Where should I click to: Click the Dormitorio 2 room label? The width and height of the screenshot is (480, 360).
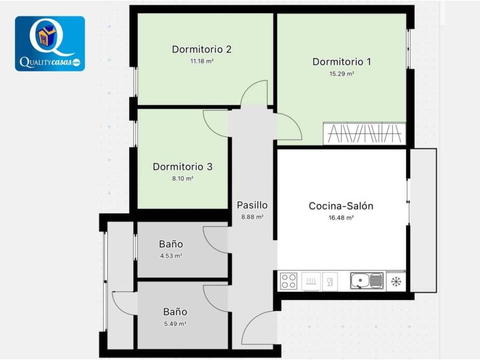(x=202, y=49)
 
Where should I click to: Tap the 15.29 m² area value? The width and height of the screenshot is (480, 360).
(x=342, y=74)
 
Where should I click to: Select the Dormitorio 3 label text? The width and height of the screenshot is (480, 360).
(x=182, y=167)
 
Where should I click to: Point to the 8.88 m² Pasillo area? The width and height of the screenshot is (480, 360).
(x=252, y=217)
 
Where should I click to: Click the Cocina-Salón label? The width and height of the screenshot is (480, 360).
(x=341, y=206)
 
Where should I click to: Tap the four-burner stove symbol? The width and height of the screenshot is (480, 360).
(x=289, y=281)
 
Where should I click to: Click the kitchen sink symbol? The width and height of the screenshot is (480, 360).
(x=367, y=281)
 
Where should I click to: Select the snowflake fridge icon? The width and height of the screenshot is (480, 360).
(x=396, y=281)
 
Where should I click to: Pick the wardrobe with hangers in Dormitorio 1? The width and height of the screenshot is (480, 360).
(x=365, y=134)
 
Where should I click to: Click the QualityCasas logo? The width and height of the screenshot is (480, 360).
(x=50, y=44)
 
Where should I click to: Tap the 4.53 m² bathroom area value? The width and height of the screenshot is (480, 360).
(x=171, y=255)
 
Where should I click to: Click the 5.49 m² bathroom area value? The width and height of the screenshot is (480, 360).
(x=175, y=323)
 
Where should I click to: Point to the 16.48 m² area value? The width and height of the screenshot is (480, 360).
(x=341, y=217)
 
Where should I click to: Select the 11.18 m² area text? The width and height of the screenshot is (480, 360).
(x=202, y=61)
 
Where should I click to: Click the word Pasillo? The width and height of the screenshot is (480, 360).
(x=252, y=205)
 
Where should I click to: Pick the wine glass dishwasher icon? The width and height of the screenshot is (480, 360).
(x=330, y=281)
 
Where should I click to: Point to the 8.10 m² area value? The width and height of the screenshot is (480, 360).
(x=182, y=179)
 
